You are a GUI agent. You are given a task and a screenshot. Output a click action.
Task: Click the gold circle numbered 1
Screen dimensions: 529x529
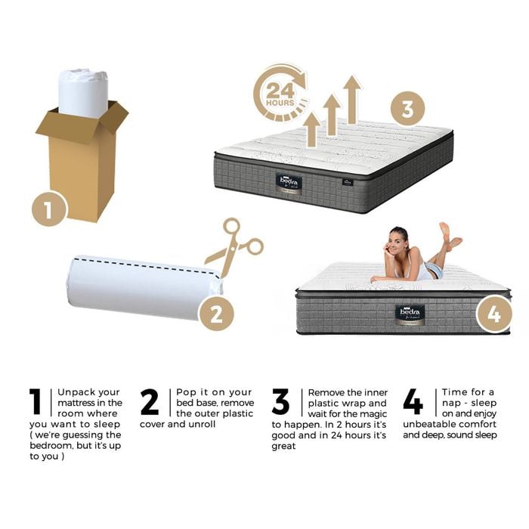pos(49,209)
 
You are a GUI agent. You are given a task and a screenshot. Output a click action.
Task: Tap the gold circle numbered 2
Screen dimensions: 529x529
pos(216,314)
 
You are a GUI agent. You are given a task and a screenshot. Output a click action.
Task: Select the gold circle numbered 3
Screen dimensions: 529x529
pos(408,109)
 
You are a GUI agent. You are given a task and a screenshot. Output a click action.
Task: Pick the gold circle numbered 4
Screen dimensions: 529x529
pos(494,314)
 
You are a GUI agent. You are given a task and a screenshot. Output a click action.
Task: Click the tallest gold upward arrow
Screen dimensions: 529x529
pos(352,99)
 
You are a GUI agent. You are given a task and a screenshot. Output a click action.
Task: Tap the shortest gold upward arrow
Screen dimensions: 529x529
pos(311,129)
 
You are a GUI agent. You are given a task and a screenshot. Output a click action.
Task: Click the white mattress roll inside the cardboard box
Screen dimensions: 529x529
pos(83,93)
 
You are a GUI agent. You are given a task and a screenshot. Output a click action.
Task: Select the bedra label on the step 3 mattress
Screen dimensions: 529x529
pos(289,183)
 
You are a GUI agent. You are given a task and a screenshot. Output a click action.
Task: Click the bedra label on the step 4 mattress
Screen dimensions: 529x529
pos(410,315)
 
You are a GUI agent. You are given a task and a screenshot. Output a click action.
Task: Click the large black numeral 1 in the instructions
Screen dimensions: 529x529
pos(35,401)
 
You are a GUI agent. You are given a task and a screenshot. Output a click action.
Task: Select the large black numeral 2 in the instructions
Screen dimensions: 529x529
pos(150,401)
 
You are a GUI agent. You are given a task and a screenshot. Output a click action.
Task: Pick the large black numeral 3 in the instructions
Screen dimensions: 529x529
pos(280,401)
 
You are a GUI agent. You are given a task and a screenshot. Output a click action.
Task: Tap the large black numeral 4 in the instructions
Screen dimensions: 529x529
pos(413,401)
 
